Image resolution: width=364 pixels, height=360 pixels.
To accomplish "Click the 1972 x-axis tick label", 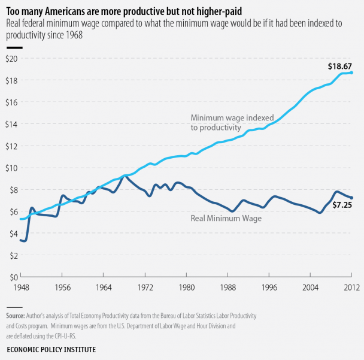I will coord(145,287).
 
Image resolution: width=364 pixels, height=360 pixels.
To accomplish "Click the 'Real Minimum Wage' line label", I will coord(226,219).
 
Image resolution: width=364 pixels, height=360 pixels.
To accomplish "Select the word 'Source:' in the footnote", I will coord(15,315).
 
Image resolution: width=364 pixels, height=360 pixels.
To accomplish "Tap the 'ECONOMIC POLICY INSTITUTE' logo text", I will coord(51,349).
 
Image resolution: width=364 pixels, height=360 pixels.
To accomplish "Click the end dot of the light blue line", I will coord(351,72).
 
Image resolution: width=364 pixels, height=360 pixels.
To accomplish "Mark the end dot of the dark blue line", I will coord(351,198).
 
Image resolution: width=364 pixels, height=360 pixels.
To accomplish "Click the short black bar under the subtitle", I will coord(14,46).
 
